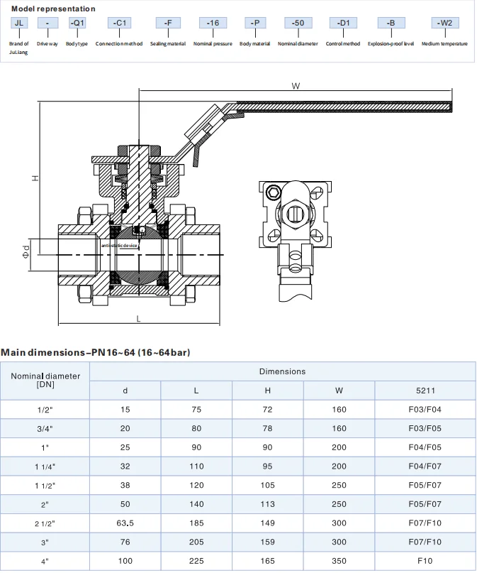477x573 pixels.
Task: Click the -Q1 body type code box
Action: [77, 23]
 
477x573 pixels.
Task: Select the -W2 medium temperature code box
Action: [444, 23]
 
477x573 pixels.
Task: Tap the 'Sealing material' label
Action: [168, 44]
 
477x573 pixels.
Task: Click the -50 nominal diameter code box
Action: [298, 23]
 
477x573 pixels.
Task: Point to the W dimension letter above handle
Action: [296, 86]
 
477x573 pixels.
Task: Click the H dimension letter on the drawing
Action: [34, 178]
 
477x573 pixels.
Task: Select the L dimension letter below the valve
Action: [138, 319]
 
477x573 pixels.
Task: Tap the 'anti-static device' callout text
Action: [119, 245]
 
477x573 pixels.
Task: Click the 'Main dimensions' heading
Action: [95, 352]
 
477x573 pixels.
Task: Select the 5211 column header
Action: [425, 390]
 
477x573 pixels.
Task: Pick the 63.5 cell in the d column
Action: [125, 523]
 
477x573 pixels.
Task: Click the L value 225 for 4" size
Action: [196, 561]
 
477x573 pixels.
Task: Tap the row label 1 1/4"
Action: [45, 466]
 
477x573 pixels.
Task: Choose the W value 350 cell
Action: [339, 561]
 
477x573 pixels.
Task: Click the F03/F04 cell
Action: [425, 410]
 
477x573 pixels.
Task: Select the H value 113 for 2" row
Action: [268, 504]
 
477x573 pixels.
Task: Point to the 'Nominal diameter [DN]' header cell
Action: [45, 380]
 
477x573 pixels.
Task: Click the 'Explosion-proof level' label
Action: [391, 44]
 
